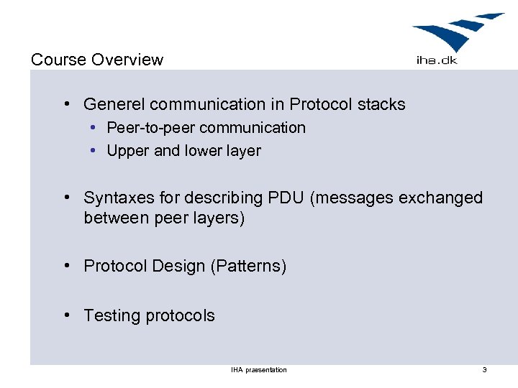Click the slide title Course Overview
pos(97,60)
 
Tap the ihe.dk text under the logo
pos(437,60)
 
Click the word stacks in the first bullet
pos(381,105)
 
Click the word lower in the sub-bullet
pos(205,151)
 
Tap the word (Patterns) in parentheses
pos(248,267)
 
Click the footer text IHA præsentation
pos(259,370)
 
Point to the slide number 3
pos(484,370)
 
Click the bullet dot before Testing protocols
pos(66,315)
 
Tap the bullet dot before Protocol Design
pos(66,266)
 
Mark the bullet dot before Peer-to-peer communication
pos(94,128)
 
